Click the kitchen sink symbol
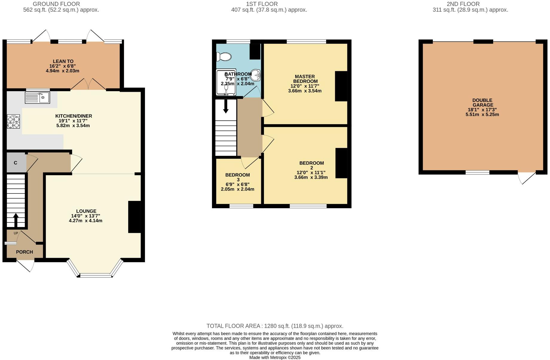tap(37, 97)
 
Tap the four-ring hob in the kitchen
tap(13, 121)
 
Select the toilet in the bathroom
tap(224, 57)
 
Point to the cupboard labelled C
tap(16, 163)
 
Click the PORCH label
tap(25, 252)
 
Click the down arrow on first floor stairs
tap(226, 106)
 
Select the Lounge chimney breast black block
tap(134, 217)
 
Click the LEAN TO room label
tap(63, 61)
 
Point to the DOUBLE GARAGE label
tap(482, 103)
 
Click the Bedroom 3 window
tap(241, 206)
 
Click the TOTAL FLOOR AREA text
tap(275, 326)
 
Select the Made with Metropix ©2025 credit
tap(275, 357)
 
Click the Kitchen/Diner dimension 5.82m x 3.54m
tap(73, 126)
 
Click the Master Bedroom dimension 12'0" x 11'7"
tap(305, 86)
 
